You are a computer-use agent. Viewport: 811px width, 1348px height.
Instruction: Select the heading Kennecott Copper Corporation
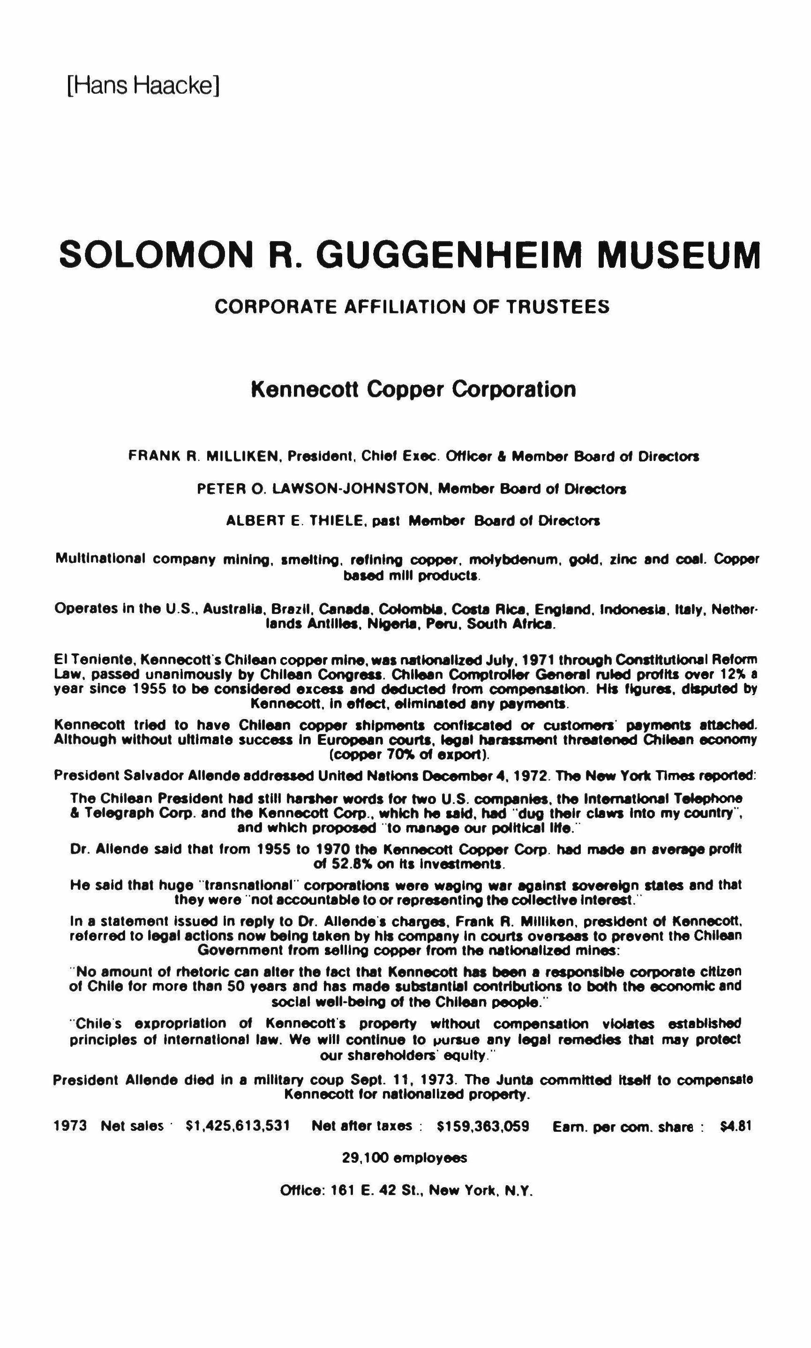[413, 389]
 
